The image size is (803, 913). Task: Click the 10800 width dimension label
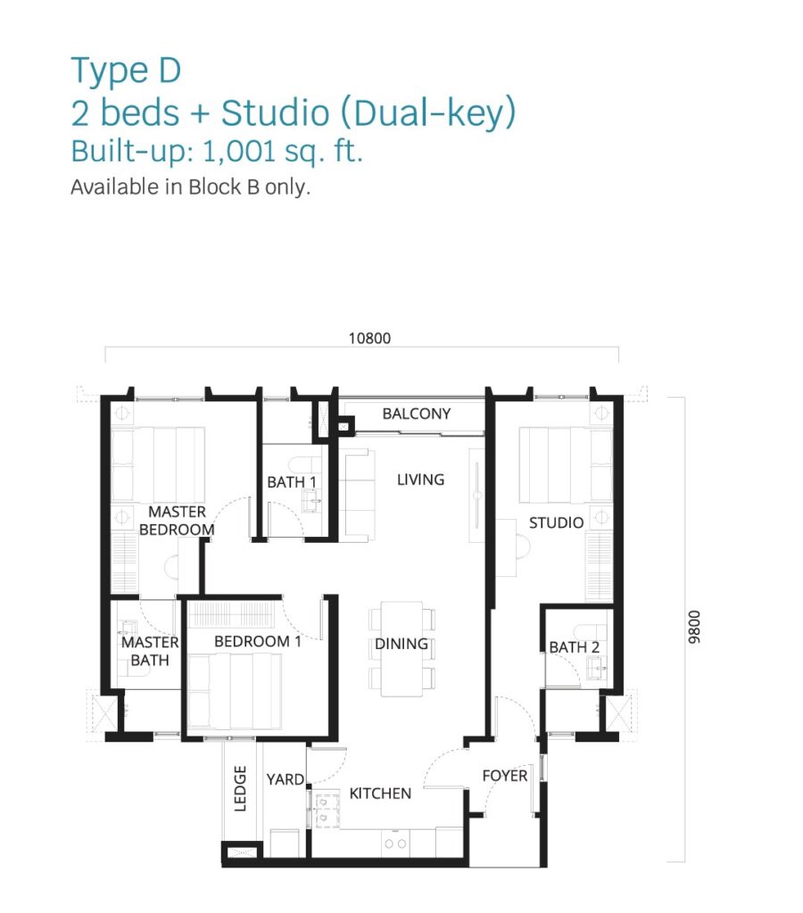[369, 338]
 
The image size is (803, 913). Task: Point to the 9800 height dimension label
[693, 627]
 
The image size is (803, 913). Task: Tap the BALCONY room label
[417, 414]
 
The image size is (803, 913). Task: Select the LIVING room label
[421, 480]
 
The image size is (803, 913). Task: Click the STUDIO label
[556, 522]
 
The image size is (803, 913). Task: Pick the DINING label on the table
[401, 644]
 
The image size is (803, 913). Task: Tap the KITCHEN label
[380, 794]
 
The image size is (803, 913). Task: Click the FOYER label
[505, 776]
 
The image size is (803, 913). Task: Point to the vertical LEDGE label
[240, 788]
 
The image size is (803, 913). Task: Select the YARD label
[285, 779]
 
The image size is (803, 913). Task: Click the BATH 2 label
[574, 647]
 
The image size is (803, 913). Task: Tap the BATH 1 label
[292, 482]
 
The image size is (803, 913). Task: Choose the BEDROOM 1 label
[258, 642]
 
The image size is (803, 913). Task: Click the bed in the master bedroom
[157, 465]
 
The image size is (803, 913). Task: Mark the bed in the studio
[566, 465]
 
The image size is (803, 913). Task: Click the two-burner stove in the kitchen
[395, 843]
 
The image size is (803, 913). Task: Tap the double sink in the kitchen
[324, 810]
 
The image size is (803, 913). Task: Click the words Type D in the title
[126, 71]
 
